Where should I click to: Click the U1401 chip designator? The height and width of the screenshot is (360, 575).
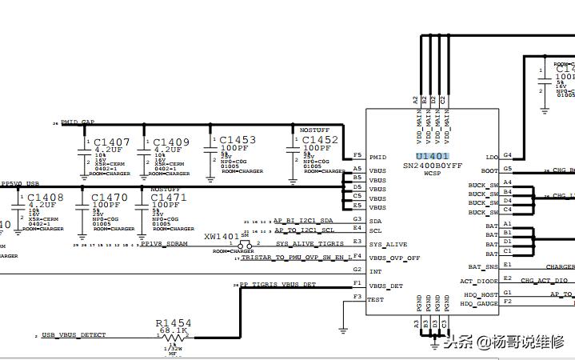[x=433, y=156]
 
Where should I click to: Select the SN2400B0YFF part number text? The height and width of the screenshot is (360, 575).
[x=433, y=165]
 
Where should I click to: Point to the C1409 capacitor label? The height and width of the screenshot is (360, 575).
[x=171, y=142]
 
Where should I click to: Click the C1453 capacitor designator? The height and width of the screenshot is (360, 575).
[x=238, y=139]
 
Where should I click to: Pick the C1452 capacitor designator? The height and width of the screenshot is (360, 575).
[x=320, y=139]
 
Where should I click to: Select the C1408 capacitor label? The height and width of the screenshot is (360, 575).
[x=46, y=197]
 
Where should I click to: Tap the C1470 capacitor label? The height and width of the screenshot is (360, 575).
[x=109, y=197]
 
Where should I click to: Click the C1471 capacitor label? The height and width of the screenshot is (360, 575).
[x=169, y=197]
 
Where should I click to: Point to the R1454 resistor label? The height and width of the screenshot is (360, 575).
[x=174, y=322]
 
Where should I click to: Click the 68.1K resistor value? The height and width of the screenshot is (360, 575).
[x=174, y=330]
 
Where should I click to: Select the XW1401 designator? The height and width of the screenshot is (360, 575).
[x=222, y=237]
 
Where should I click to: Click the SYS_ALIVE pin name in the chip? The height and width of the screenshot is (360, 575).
[x=388, y=244]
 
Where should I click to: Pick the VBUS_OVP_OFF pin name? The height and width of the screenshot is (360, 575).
[x=393, y=258]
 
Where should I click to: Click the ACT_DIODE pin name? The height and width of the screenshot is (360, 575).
[x=479, y=281]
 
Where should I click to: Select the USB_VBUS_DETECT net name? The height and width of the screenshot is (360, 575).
[x=74, y=334]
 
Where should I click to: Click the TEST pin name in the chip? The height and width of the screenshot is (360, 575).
[x=376, y=299]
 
